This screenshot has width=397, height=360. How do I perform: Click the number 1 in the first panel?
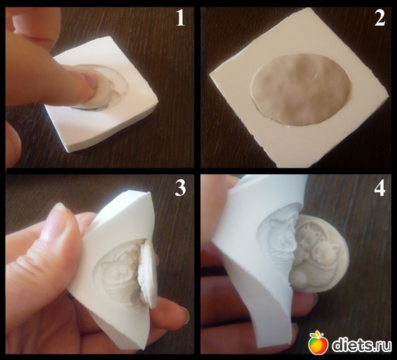pos(180,19)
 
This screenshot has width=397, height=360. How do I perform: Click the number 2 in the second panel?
pos(380,18)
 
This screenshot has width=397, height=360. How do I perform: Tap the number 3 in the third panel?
pos(180,188)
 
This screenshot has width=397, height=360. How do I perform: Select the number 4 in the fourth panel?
pos(380,189)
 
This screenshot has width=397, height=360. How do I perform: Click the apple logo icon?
pos(318,343)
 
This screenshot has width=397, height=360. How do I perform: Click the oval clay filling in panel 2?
pos(300,90)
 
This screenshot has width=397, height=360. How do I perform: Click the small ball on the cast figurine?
pos(298,278)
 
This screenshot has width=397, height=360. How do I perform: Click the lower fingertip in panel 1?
pos(12,145)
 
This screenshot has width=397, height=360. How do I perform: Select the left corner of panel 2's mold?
pos(210,75)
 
